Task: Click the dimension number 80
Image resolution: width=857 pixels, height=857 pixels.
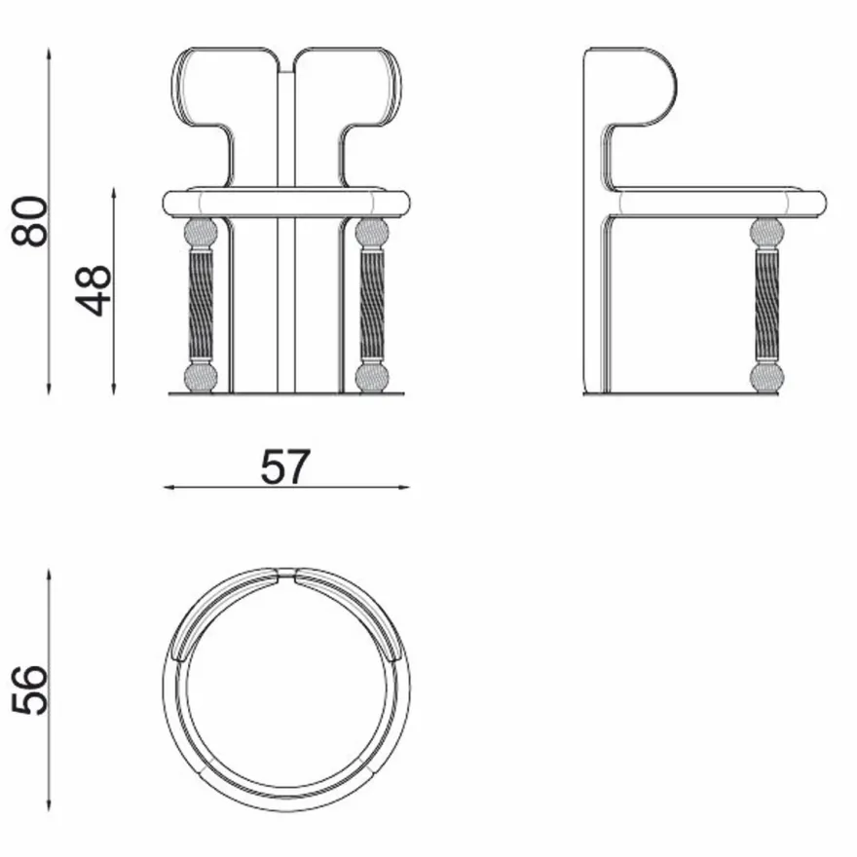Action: pos(29,221)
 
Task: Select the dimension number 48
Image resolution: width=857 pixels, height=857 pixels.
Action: pos(93,290)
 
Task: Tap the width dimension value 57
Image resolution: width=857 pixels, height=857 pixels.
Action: pos(285,466)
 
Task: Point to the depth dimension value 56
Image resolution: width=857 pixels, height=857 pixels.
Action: pos(29,689)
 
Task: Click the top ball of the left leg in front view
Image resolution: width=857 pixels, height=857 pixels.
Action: pos(201,233)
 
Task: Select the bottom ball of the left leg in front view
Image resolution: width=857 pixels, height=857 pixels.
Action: pos(201,378)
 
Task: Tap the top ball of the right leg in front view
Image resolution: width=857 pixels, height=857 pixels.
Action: pos(372,233)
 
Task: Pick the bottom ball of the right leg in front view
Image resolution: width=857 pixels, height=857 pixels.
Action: pos(372,378)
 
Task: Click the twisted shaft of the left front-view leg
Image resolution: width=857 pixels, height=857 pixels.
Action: pos(201,305)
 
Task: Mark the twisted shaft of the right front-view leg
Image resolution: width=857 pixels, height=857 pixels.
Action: pos(372,305)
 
